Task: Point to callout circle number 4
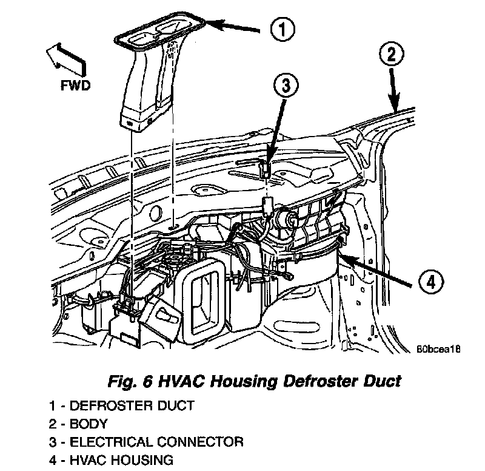point(430,282)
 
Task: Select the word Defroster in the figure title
point(310,381)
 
